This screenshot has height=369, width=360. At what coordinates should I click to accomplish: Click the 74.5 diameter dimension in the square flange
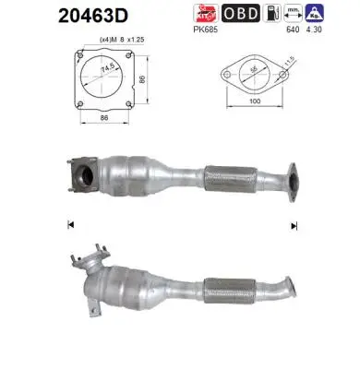pyautogui.click(x=113, y=69)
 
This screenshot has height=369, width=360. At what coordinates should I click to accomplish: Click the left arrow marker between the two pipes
pyautogui.click(x=70, y=224)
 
